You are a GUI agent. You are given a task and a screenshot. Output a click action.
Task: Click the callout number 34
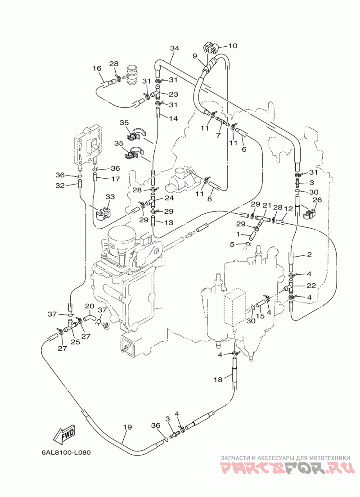click(x=175, y=48)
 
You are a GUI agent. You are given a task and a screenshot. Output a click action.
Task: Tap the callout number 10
click(x=233, y=46)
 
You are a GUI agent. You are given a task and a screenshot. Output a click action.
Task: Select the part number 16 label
click(x=97, y=68)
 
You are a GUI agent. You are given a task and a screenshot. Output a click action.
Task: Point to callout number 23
click(x=174, y=94)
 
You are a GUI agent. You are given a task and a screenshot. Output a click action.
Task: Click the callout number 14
click(x=173, y=118)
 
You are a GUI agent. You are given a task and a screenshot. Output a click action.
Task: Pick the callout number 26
click(x=317, y=200)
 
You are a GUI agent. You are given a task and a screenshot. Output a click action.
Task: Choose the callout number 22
click(x=311, y=285)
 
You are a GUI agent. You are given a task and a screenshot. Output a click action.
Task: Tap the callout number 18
click(x=218, y=380)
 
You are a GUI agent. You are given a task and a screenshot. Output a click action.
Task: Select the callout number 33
click(x=110, y=197)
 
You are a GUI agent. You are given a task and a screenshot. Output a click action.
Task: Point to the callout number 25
click(x=75, y=342)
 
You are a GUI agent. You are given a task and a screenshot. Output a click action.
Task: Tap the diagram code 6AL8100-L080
click(x=66, y=452)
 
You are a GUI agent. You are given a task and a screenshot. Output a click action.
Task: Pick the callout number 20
click(x=90, y=306)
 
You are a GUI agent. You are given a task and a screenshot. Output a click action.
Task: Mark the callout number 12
click(x=288, y=208)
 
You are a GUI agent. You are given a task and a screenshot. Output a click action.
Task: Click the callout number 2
click(x=309, y=254)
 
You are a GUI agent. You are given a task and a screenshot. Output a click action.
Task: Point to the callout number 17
click(x=116, y=179)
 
